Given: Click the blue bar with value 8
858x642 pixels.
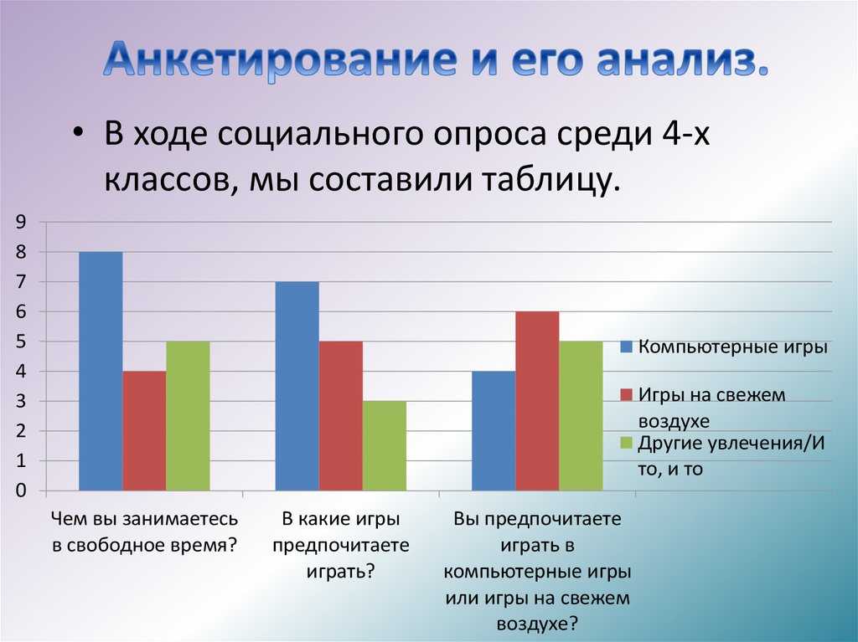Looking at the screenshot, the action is (101, 371).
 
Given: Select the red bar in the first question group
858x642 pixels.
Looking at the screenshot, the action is (144, 430).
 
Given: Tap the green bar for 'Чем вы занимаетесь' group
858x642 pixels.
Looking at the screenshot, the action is (188, 416).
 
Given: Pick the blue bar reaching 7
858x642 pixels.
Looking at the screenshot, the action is (297, 386).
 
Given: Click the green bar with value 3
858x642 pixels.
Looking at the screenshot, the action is (385, 445).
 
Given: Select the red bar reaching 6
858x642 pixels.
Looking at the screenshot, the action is (537, 401).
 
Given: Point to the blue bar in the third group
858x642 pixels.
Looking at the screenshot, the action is (494, 430).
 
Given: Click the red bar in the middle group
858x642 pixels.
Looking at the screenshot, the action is (341, 416).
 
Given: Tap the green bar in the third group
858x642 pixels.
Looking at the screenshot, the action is (581, 416).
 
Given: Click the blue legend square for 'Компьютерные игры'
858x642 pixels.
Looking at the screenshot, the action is (627, 347).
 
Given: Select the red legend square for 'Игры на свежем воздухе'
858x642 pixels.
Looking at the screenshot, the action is (627, 395).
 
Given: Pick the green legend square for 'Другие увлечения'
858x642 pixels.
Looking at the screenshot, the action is (627, 443).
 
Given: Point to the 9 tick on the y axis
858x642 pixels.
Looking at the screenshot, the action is (21, 222).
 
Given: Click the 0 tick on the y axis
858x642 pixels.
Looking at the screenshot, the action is (21, 490).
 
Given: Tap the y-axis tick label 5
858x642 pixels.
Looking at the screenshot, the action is (21, 342).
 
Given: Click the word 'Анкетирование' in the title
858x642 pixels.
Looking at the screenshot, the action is (280, 59).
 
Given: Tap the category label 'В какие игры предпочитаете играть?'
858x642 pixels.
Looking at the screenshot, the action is (341, 545).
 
